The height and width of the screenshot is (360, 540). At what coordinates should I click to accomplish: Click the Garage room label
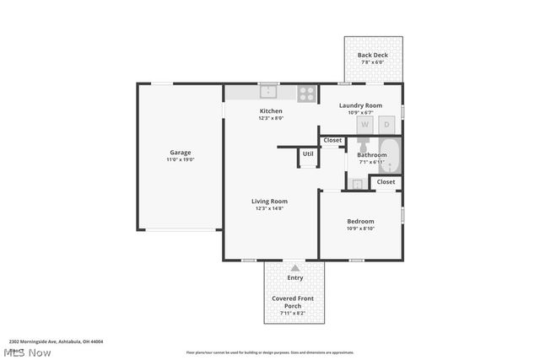pos(180,153)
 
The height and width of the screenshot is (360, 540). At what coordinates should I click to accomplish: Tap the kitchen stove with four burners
pos(306,93)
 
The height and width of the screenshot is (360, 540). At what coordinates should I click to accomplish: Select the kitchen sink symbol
pos(268,91)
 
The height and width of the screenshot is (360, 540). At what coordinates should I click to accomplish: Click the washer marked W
pos(365,125)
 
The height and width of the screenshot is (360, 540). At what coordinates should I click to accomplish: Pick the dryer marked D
pos(387,125)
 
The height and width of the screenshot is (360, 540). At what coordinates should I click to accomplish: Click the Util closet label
pos(308,154)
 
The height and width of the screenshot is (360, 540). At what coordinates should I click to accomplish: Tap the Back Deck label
pos(372,55)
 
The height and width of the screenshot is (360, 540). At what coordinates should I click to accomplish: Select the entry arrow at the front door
pos(294,267)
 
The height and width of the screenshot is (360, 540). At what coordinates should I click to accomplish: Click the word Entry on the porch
pos(294,277)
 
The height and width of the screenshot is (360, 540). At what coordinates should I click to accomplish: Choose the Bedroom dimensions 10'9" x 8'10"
pos(360,228)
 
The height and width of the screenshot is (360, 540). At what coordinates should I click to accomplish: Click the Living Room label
pos(270,201)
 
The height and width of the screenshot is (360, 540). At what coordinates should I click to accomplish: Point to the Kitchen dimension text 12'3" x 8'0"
pos(271,118)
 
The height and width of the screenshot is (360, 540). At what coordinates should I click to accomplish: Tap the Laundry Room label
pos(360,105)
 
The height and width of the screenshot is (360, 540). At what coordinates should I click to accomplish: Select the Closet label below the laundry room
pos(332,140)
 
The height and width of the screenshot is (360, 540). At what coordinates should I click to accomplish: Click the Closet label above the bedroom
pos(386,181)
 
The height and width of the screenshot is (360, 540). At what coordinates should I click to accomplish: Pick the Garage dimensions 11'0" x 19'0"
pos(180,159)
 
